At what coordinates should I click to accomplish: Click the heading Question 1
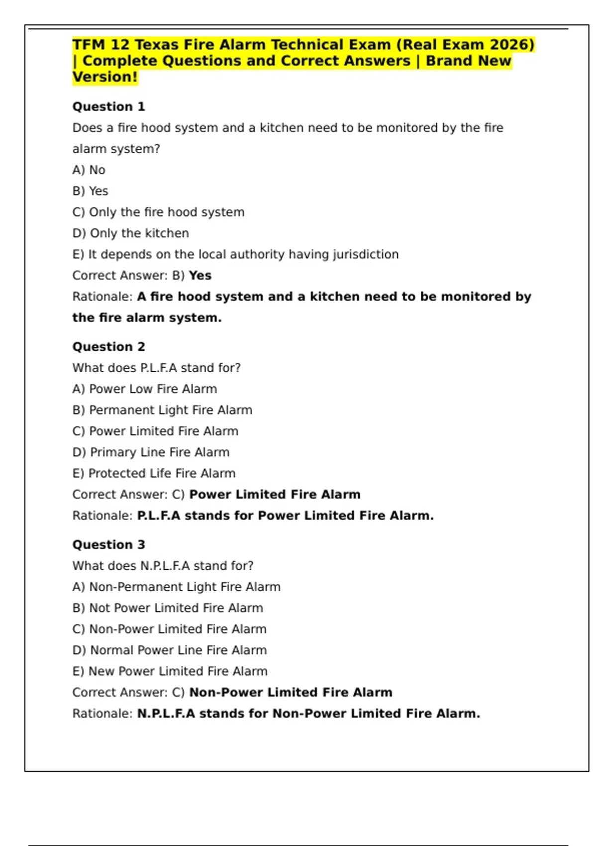click(108, 106)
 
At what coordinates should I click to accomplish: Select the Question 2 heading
click(108, 346)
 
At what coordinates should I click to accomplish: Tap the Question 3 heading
click(108, 544)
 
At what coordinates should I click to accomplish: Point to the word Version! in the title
click(105, 77)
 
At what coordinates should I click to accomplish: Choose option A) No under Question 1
click(89, 170)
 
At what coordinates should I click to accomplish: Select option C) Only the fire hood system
click(158, 212)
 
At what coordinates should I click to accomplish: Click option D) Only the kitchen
click(130, 233)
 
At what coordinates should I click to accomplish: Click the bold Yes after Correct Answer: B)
click(200, 276)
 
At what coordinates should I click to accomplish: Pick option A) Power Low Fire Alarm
click(144, 389)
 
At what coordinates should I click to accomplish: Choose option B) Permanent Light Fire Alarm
click(162, 410)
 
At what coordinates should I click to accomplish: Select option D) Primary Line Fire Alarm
click(151, 452)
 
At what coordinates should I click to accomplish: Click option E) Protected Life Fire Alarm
click(154, 473)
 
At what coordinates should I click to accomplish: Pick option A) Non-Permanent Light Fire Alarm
click(176, 587)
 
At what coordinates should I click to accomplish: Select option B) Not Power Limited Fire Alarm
click(168, 608)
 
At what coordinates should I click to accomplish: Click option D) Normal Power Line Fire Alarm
click(169, 650)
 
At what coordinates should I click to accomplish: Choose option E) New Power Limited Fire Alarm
click(170, 671)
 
